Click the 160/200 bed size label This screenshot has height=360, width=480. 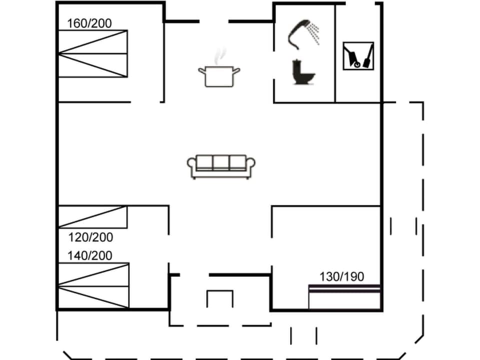(90, 23)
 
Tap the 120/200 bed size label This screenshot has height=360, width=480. (90, 237)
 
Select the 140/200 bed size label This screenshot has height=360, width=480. (90, 255)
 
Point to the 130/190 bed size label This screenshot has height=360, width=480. (342, 276)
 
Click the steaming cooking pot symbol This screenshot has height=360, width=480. (219, 75)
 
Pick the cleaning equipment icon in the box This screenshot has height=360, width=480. (358, 55)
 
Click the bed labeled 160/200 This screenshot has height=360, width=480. (92, 53)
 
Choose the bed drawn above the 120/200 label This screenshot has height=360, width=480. (92, 217)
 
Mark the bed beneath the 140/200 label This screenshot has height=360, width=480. (93, 285)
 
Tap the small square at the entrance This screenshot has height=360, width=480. (220, 298)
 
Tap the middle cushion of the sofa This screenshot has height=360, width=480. (221, 162)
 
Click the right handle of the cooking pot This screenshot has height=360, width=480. (236, 71)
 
